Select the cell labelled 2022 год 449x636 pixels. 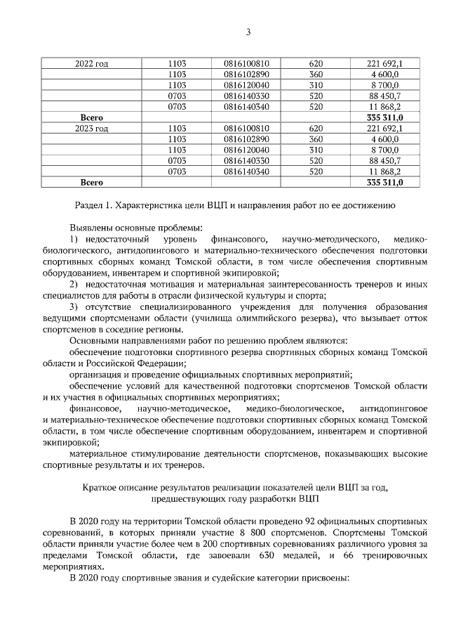click(91, 64)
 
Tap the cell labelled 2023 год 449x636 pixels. click(91, 129)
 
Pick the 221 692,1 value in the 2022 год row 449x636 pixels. click(383, 64)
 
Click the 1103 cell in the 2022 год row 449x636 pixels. click(177, 64)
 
